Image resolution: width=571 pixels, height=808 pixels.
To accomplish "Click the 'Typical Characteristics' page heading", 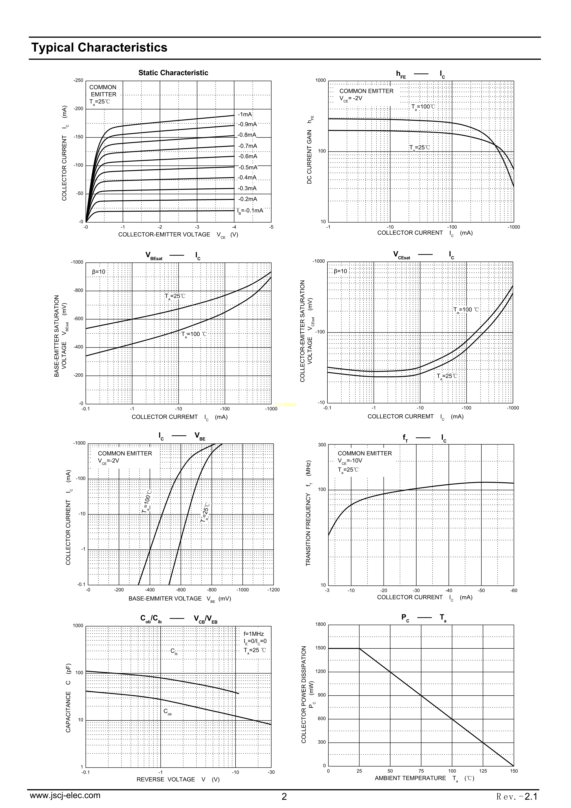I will point(99,47).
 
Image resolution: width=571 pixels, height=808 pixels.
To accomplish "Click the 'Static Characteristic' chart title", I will point(173,73).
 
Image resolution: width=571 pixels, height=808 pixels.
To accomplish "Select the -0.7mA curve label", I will point(248,146).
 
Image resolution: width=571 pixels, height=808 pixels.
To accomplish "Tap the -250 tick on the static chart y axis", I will point(79,81).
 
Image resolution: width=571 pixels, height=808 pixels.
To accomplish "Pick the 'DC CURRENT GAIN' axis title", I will point(309,157).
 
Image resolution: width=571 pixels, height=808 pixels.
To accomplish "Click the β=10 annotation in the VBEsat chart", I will point(99,272).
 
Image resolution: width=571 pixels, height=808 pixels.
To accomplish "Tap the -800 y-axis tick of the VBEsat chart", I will point(79,291).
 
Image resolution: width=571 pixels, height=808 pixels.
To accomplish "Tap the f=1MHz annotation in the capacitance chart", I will point(254,634).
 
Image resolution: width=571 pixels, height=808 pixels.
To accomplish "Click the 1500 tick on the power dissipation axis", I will point(321,648).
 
